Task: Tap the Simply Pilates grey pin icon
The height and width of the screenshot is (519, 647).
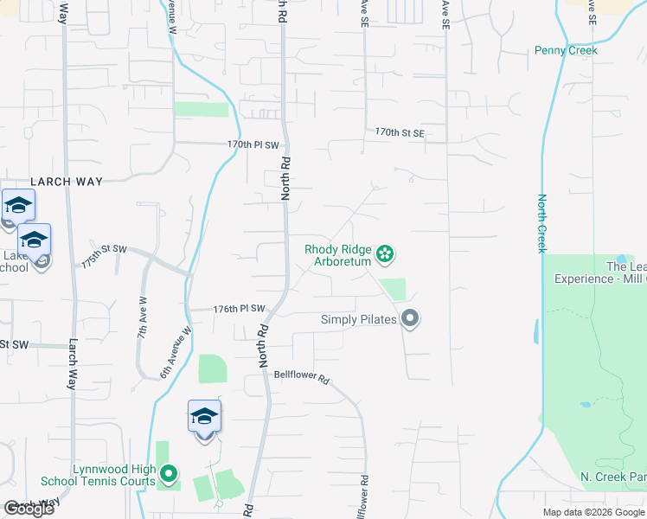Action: (411, 319)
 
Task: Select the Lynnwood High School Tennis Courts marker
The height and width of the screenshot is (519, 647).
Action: (169, 474)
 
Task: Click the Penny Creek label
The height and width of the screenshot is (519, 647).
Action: (566, 50)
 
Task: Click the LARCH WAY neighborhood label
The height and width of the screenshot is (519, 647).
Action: (67, 182)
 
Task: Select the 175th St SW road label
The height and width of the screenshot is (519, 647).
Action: (104, 249)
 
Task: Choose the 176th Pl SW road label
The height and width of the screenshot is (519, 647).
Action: (238, 309)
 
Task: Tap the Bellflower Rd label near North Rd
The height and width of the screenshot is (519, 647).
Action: (302, 376)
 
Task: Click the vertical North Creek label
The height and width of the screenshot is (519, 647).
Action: (542, 223)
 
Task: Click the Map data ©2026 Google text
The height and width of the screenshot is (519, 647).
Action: (593, 512)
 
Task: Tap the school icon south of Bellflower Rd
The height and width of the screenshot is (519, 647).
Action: (204, 417)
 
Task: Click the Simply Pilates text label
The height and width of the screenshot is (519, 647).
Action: (358, 319)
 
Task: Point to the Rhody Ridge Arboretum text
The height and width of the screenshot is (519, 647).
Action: (338, 254)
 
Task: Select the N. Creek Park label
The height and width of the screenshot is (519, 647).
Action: (612, 477)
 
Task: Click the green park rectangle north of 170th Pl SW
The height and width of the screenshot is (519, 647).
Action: (202, 110)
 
